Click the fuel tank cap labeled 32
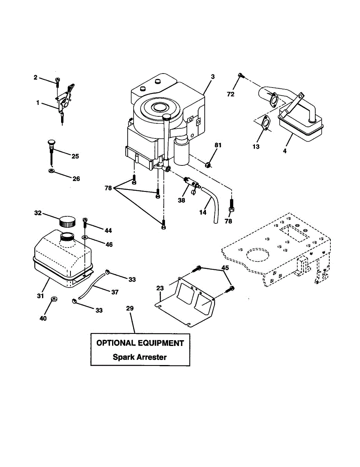point(67,221)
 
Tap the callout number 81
point(218,145)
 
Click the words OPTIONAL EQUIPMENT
point(140,343)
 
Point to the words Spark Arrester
point(140,357)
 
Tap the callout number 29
point(130,308)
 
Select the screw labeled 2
point(58,81)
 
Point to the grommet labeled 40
point(54,300)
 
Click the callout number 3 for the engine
point(213,77)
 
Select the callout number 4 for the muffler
point(284,151)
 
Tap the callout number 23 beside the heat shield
point(160,288)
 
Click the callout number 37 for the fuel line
point(114,291)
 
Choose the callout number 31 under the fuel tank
point(40,296)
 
